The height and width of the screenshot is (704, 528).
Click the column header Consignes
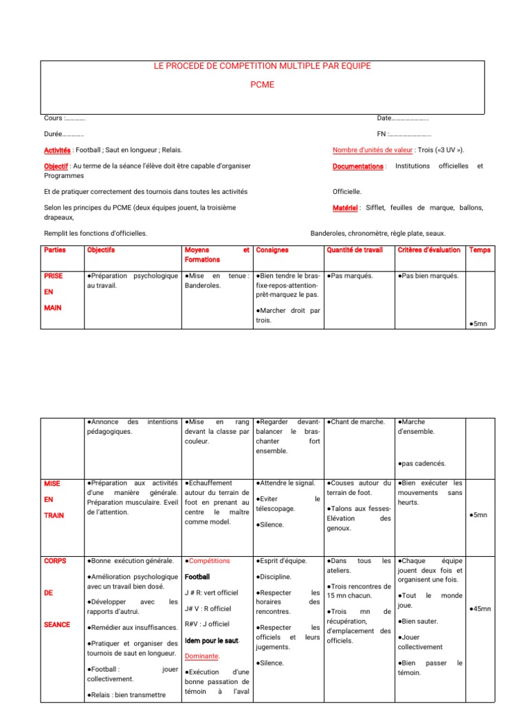[x=272, y=250]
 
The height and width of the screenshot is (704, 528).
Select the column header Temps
[x=479, y=250]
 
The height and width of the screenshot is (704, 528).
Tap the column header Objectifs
[x=101, y=250]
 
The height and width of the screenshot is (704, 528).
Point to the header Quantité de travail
[x=355, y=250]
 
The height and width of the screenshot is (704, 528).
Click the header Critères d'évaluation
[x=429, y=250]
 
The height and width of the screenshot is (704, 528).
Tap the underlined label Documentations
[x=358, y=166]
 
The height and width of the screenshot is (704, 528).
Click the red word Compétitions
[x=209, y=561]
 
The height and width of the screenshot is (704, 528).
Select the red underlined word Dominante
[x=202, y=656]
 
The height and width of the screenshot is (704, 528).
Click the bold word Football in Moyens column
[x=197, y=577]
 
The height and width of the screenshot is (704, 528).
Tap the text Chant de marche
[x=357, y=421]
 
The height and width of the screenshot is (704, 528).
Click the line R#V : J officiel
[x=207, y=624]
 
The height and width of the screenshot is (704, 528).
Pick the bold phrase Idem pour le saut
[x=212, y=641]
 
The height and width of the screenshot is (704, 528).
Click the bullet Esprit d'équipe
[x=282, y=561]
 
